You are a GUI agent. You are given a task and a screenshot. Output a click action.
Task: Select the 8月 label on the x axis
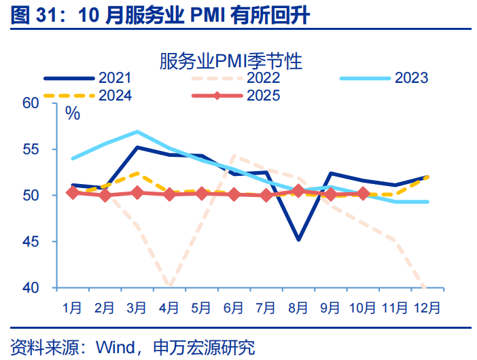tap(298, 308)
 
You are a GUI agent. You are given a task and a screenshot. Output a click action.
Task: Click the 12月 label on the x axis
tap(427, 308)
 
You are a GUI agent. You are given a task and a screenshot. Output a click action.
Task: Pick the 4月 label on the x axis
tap(169, 308)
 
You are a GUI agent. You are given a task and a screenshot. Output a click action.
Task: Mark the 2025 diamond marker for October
tap(363, 194)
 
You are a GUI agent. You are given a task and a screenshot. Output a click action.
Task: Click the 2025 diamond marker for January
tap(73, 193)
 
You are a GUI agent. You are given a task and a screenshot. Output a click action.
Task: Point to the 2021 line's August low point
tap(298, 239)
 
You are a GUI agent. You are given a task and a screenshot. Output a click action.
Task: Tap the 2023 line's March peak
tap(137, 132)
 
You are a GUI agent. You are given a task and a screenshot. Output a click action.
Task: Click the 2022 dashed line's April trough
tap(169, 286)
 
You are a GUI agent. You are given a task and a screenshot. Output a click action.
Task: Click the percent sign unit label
tap(73, 113)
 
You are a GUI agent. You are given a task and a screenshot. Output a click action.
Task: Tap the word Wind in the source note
tap(115, 348)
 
